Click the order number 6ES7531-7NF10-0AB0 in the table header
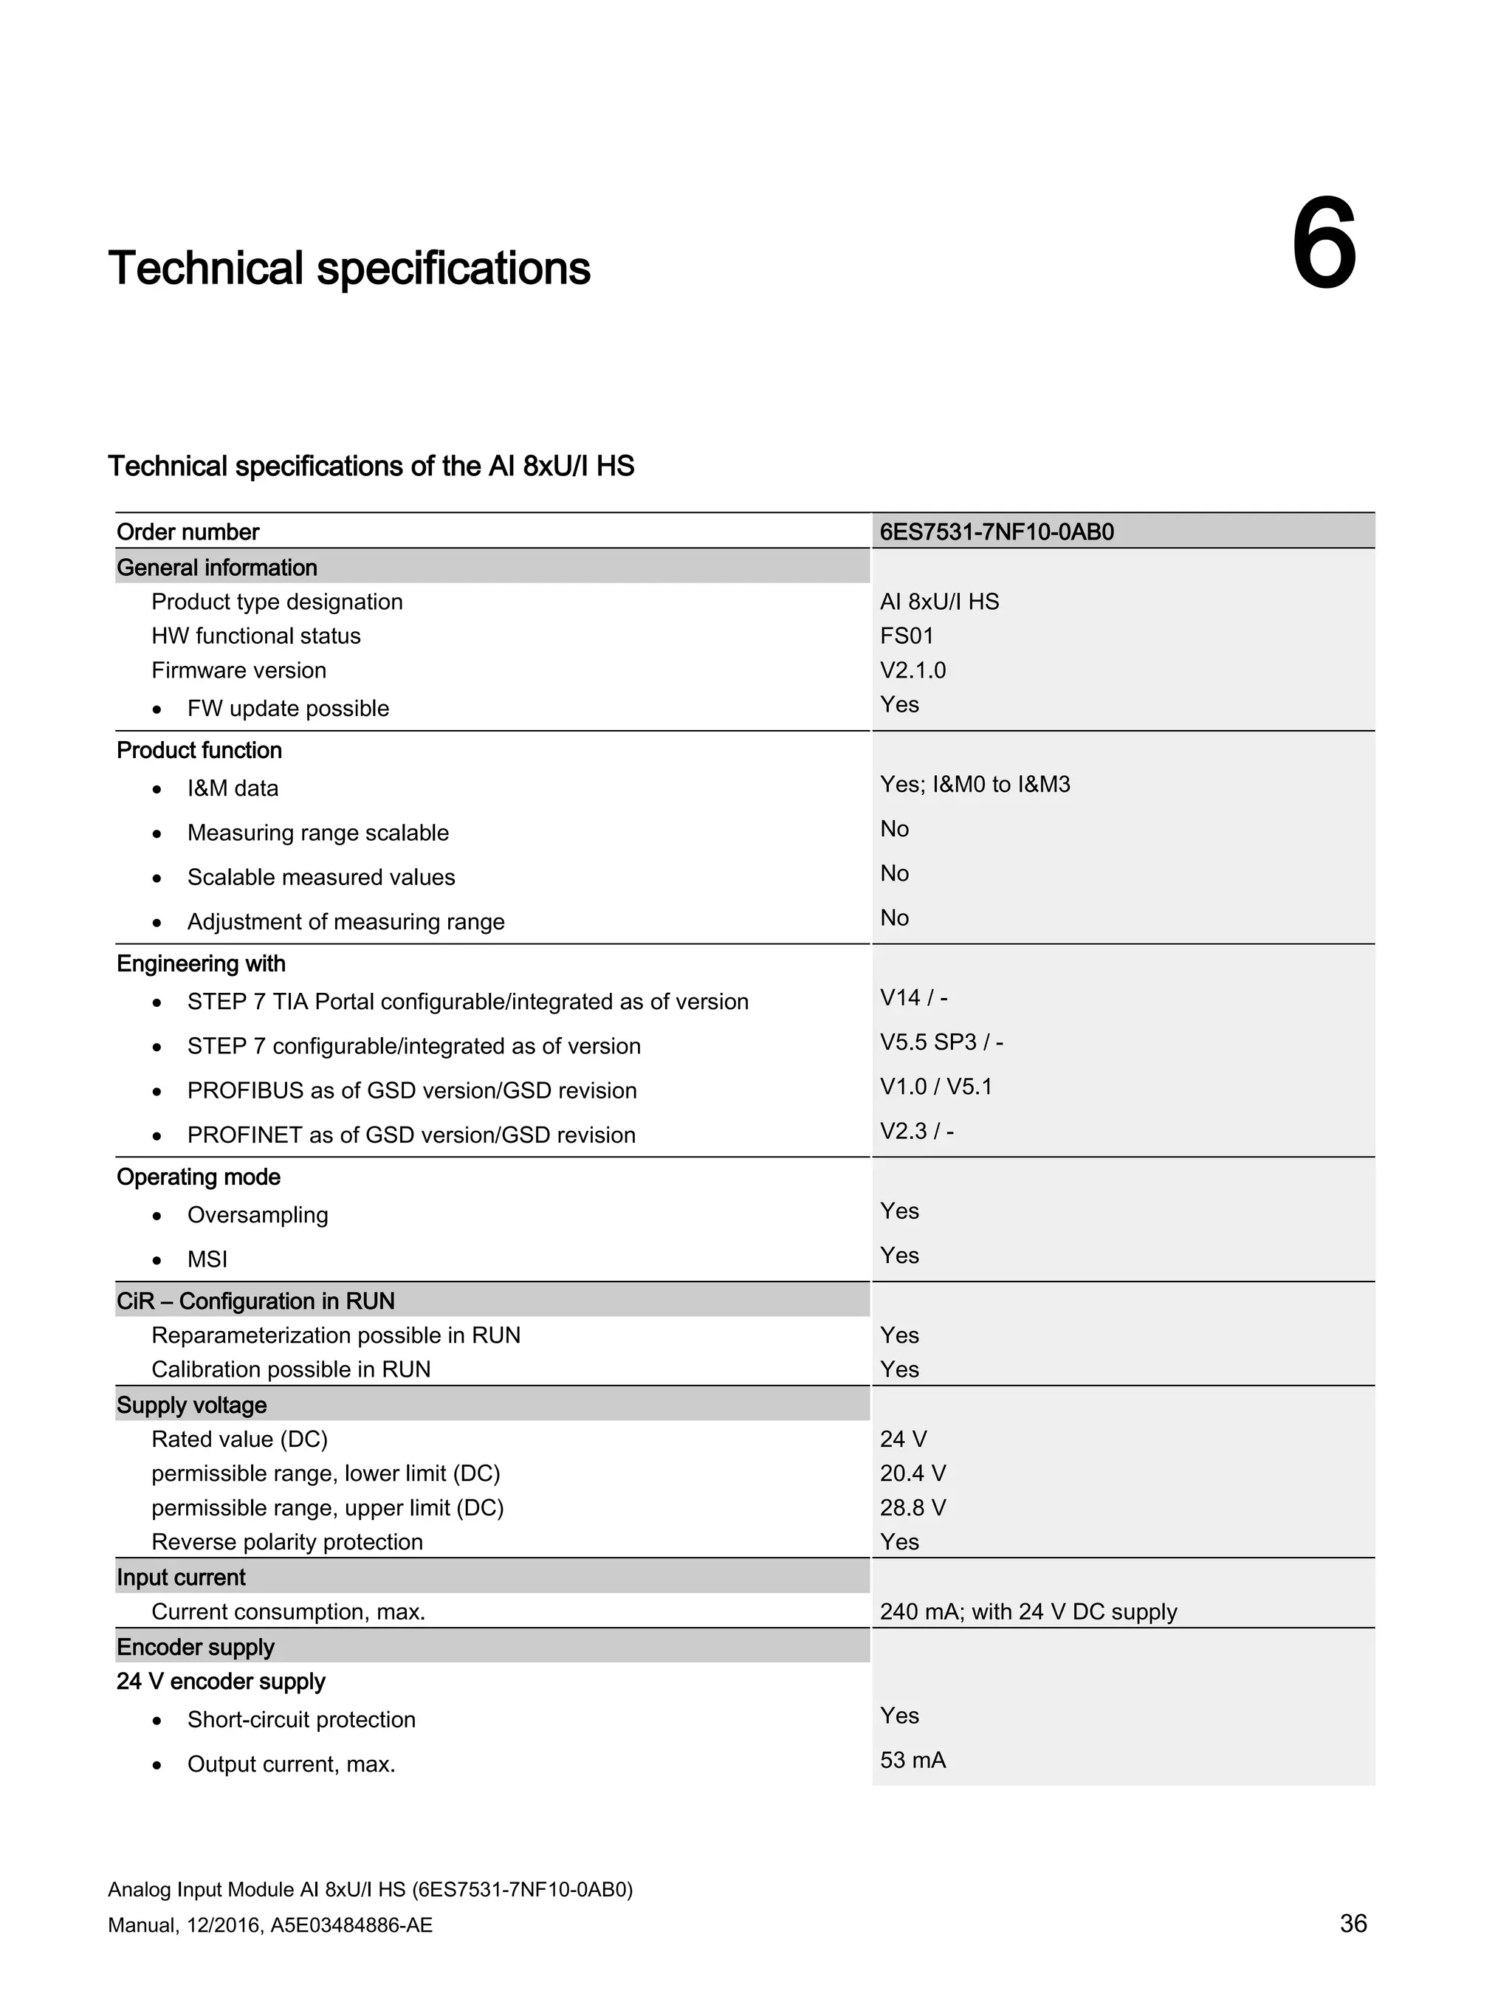pyautogui.click(x=996, y=531)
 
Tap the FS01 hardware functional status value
pyautogui.click(x=906, y=636)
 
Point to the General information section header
pyautogui.click(x=217, y=567)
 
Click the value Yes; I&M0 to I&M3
pyautogui.click(x=975, y=784)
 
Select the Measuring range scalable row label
pyautogui.click(x=317, y=832)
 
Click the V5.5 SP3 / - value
pyautogui.click(x=941, y=1042)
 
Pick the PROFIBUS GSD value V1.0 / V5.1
pyautogui.click(x=935, y=1087)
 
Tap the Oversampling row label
pyautogui.click(x=257, y=1214)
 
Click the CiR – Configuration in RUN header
pyautogui.click(x=255, y=1301)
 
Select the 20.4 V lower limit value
pyautogui.click(x=913, y=1473)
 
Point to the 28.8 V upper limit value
pyautogui.click(x=913, y=1507)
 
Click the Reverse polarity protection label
pyautogui.click(x=287, y=1541)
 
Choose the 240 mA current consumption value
pyautogui.click(x=1027, y=1611)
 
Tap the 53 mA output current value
pyautogui.click(x=913, y=1760)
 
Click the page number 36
pyautogui.click(x=1353, y=1923)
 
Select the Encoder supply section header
pyautogui.click(x=195, y=1647)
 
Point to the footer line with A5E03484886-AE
pyautogui.click(x=269, y=1925)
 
